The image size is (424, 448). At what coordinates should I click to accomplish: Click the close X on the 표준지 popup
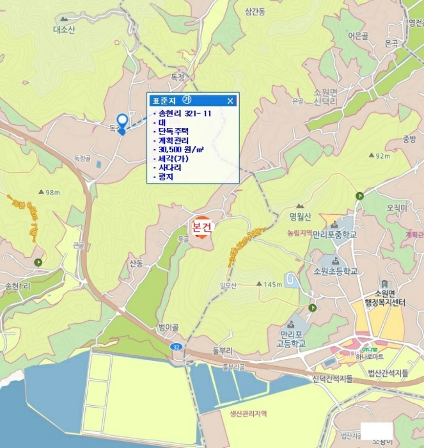(x=230, y=100)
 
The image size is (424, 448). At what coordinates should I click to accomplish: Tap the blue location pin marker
(x=122, y=122)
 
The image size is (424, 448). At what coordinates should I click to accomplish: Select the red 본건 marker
(x=201, y=228)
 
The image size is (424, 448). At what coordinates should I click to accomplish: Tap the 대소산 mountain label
(x=64, y=29)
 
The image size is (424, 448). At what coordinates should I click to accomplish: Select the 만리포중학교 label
(x=334, y=234)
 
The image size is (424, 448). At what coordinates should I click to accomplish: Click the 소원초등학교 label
(x=335, y=271)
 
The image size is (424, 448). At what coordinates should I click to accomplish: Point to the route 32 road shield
(x=175, y=346)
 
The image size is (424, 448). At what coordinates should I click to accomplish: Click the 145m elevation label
(x=272, y=284)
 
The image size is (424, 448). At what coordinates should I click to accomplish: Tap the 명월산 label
(x=299, y=215)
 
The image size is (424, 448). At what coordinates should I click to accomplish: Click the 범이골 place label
(x=168, y=327)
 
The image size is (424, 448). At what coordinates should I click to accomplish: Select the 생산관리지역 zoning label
(x=249, y=413)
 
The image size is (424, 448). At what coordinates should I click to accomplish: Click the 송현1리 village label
(x=17, y=285)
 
